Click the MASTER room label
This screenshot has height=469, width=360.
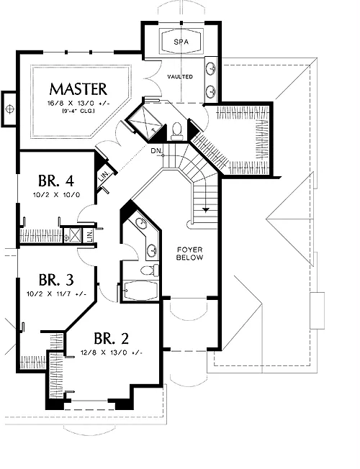coord(78,88)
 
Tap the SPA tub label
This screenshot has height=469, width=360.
coord(181,42)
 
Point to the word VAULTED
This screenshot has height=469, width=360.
coord(180,77)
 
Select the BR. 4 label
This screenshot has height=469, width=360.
coord(56,181)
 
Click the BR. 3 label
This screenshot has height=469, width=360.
coord(56,280)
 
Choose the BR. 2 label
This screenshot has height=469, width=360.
coord(111,338)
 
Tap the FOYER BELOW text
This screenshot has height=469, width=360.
coord(189,253)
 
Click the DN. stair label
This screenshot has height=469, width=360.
coord(156,151)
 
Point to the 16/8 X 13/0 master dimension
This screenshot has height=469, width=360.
coord(78,104)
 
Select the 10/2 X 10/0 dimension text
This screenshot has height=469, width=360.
coord(56,195)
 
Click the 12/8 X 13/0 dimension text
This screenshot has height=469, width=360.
coord(111,352)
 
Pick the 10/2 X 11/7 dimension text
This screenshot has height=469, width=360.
coord(56,294)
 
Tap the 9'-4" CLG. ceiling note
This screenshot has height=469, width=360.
coord(78,111)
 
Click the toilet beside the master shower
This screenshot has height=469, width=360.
coord(176,132)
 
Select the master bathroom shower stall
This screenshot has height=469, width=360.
coord(145,122)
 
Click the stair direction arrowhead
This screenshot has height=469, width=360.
coord(205,209)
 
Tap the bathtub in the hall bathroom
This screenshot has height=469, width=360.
coord(141,290)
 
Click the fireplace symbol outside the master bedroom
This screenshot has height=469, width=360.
coord(9,109)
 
